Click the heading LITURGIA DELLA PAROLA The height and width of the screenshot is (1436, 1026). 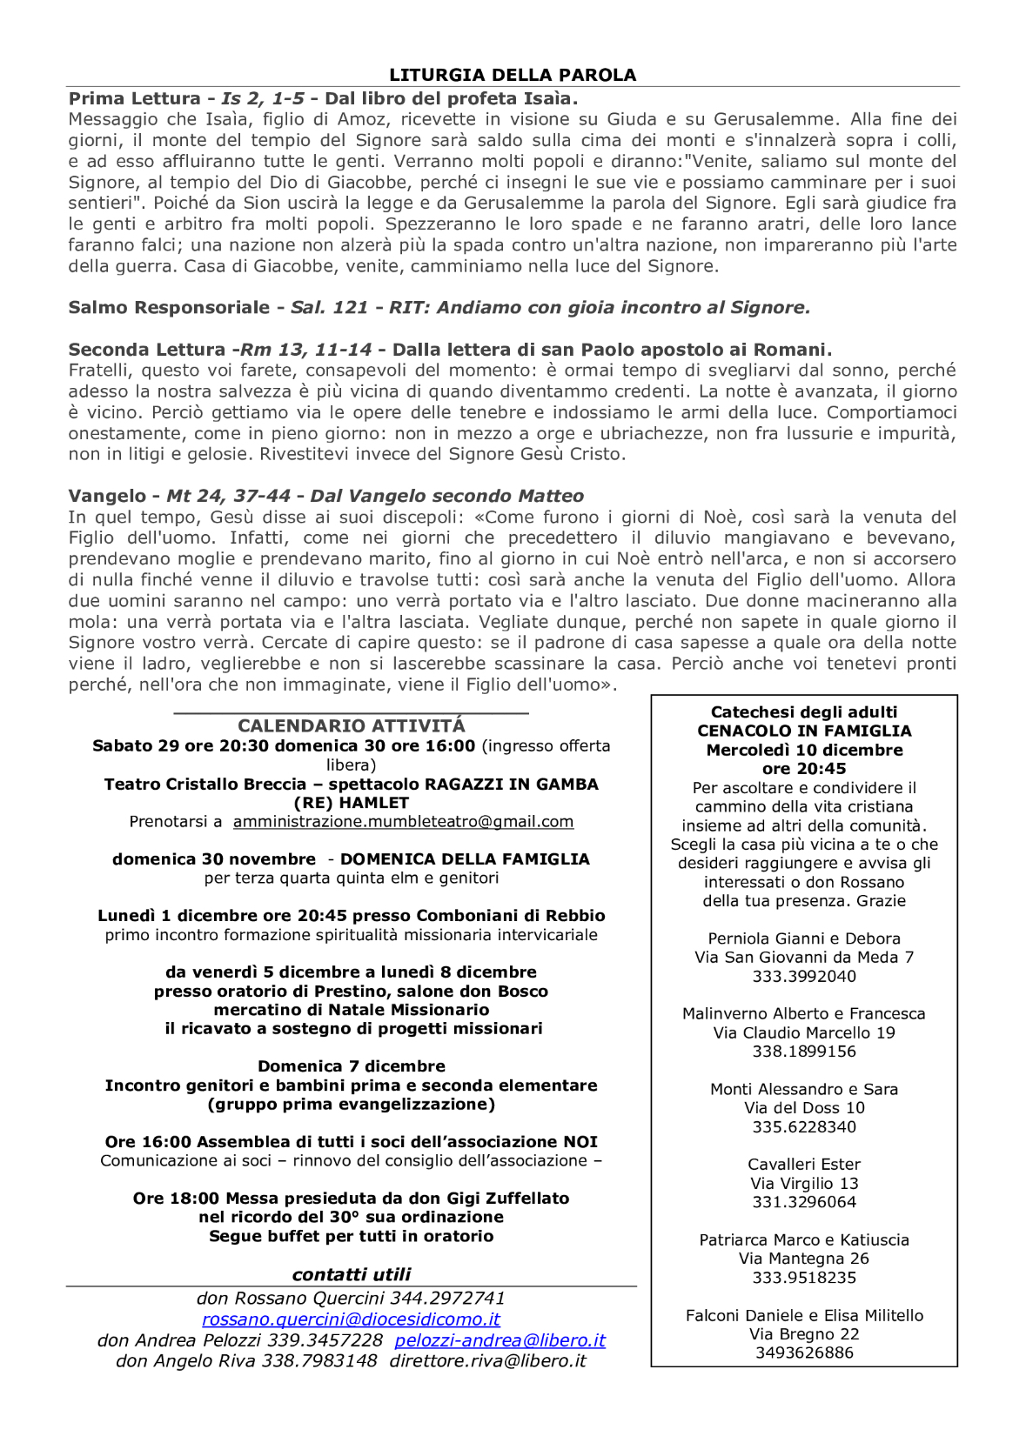[513, 75]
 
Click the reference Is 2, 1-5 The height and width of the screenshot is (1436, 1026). [263, 98]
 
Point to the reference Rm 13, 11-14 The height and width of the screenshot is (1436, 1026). [305, 350]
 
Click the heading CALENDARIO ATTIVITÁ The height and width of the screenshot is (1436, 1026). [352, 725]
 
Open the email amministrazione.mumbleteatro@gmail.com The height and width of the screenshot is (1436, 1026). [403, 821]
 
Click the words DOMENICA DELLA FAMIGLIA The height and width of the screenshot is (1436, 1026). [465, 859]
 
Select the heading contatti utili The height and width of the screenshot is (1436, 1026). [352, 1274]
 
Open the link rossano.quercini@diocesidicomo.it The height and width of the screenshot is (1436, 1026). [351, 1319]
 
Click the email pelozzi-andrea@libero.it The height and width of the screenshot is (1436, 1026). [500, 1340]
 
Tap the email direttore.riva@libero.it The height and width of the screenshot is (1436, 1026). [487, 1361]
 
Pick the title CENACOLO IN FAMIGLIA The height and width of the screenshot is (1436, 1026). [804, 731]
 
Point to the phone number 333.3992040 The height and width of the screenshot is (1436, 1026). [804, 976]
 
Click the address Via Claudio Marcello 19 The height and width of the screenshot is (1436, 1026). [804, 1032]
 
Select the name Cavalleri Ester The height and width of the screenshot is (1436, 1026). [804, 1164]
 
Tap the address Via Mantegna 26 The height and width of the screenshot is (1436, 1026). [804, 1259]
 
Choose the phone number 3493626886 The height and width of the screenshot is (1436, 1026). [804, 1353]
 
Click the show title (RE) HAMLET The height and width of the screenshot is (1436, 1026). [352, 803]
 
